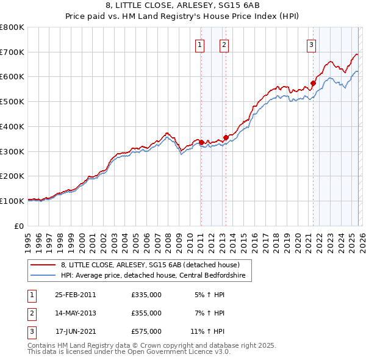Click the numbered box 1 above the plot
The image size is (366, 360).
(200, 44)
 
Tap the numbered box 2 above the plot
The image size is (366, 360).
(224, 44)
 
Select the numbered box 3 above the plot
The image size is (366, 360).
(311, 44)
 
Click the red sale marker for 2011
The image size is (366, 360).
(201, 143)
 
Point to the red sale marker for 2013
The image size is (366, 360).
(226, 137)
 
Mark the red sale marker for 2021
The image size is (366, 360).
(314, 83)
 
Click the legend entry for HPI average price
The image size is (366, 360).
(152, 276)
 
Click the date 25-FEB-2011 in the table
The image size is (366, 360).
(76, 295)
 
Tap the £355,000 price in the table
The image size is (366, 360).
(146, 313)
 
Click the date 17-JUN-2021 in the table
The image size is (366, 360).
(76, 331)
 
